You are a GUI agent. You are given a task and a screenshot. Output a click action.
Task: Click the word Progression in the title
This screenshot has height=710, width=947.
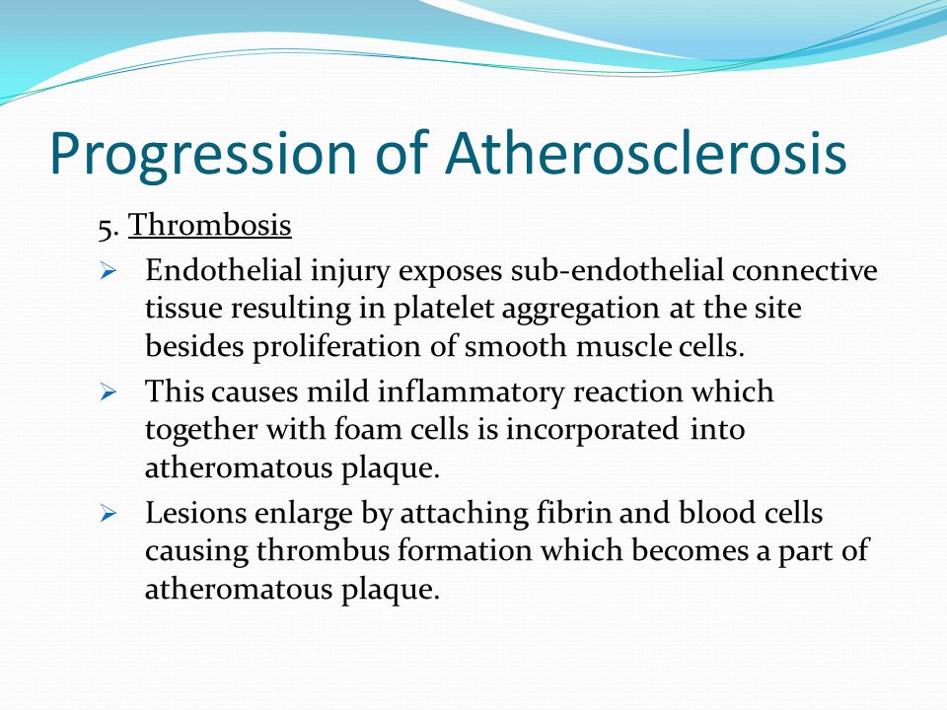point(203,155)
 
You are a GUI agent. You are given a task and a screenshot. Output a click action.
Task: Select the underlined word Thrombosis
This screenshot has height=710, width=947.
point(209,225)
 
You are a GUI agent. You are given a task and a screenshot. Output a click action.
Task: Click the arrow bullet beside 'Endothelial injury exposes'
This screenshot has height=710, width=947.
point(108,271)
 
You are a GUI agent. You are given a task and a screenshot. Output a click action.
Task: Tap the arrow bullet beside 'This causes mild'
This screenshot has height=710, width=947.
point(108,392)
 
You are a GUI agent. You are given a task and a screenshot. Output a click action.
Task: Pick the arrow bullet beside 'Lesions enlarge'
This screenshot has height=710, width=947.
point(108,514)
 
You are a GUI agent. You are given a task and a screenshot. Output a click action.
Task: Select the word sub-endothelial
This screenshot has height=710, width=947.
point(617,270)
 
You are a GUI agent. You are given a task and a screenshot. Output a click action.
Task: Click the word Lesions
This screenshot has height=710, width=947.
point(195,513)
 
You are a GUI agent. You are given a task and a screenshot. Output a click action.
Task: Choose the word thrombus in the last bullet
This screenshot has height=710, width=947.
point(323,550)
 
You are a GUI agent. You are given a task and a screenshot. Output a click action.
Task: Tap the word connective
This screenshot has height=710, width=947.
point(805,271)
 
